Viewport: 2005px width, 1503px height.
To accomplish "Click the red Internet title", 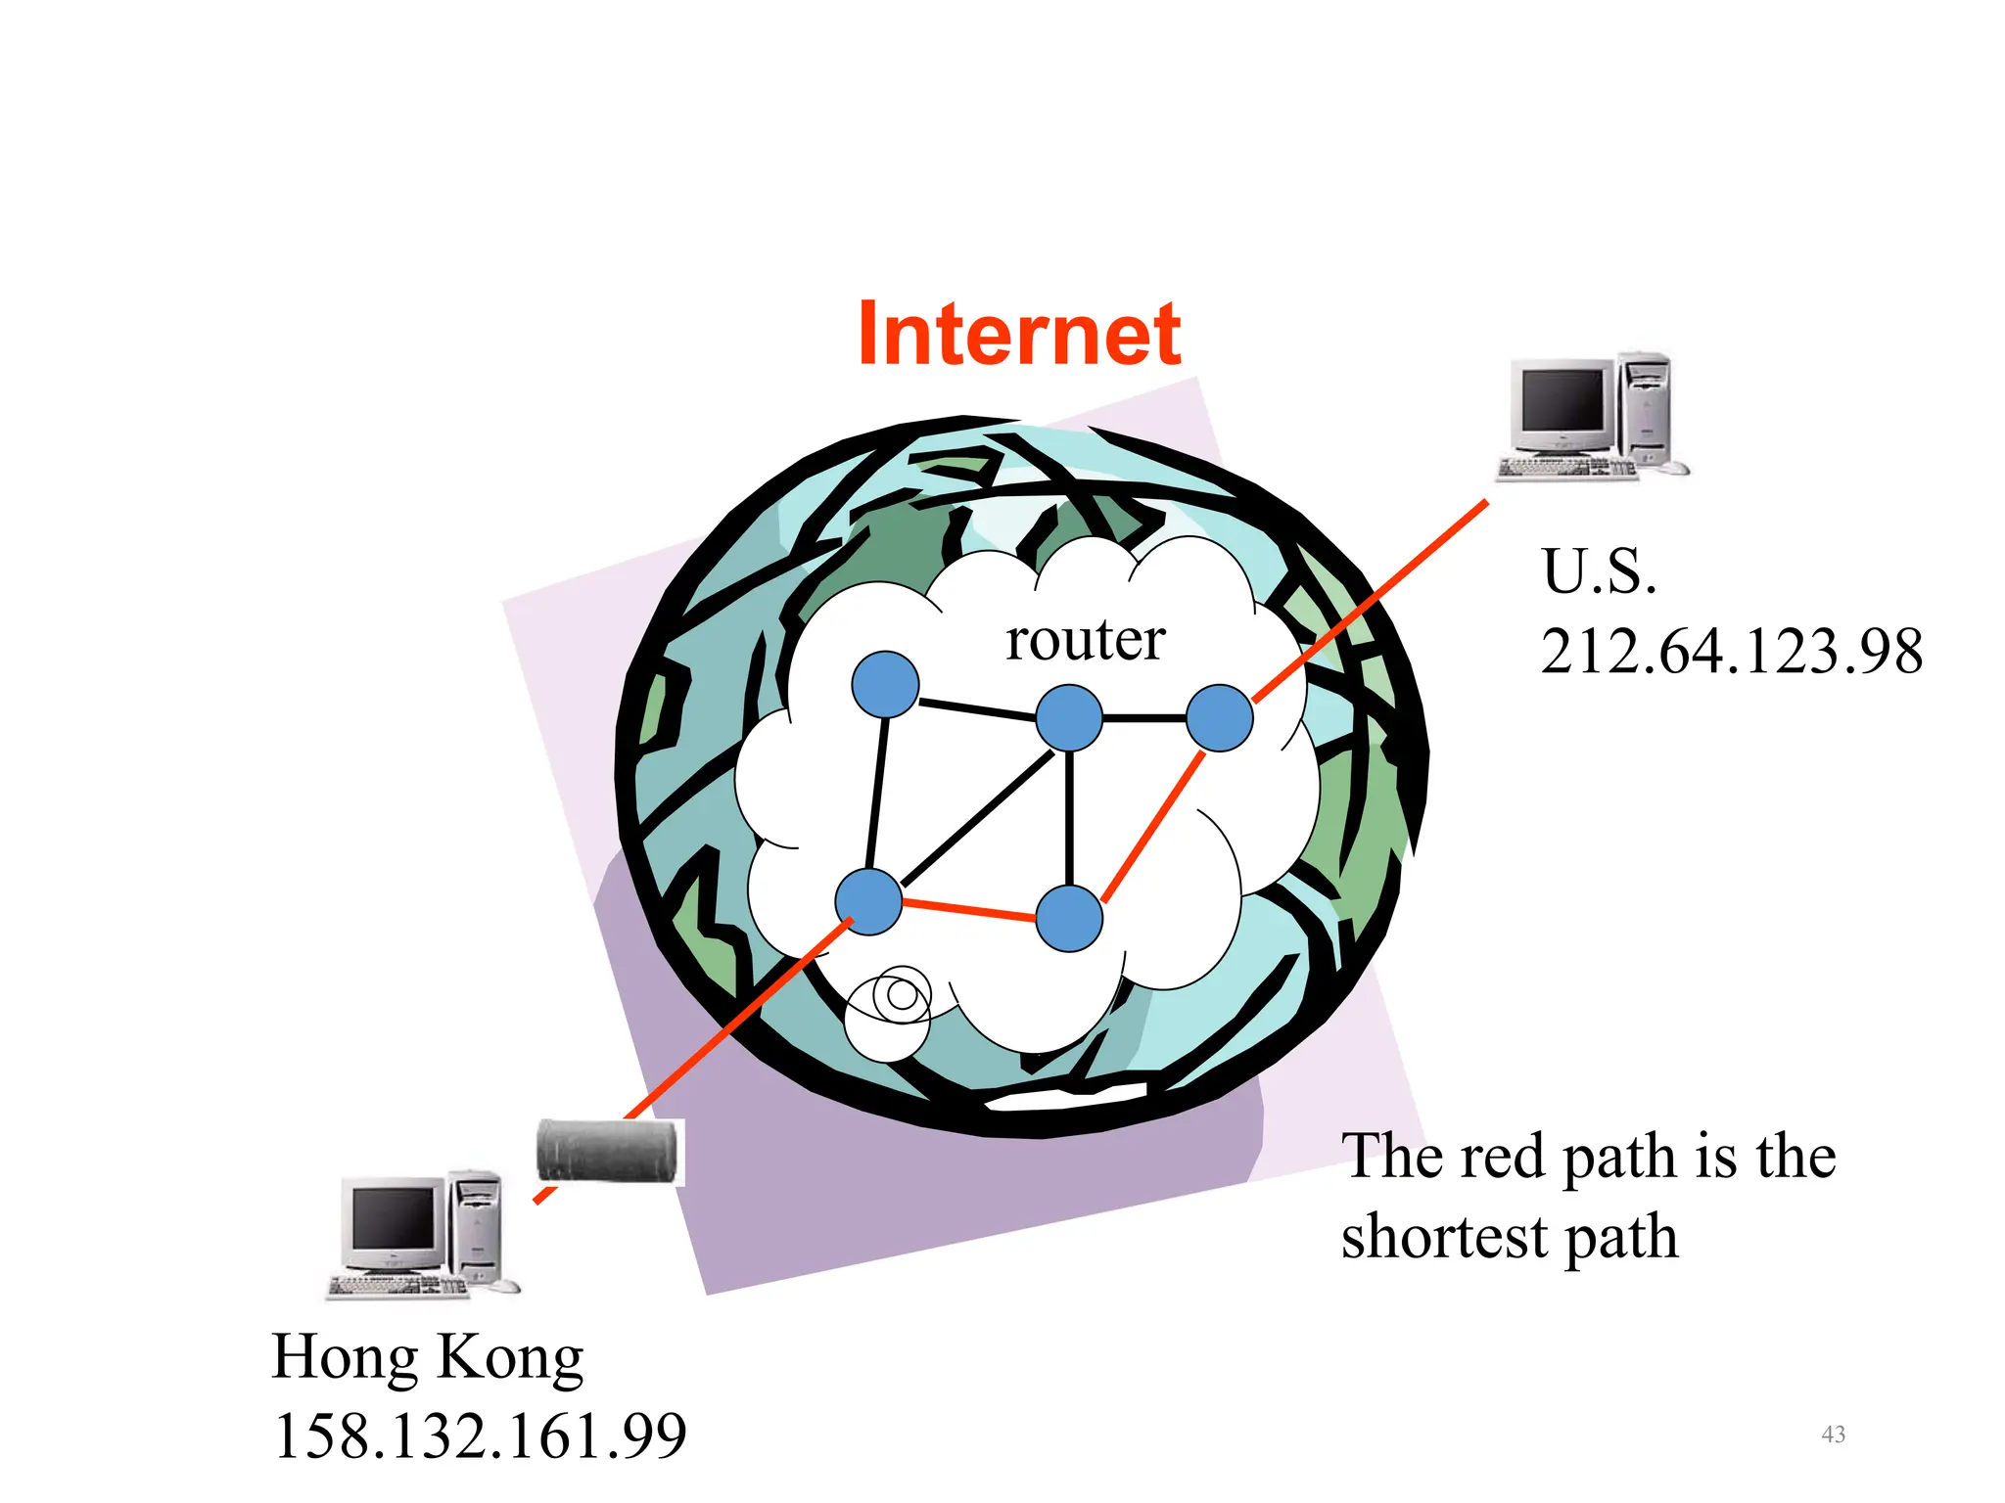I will [1019, 335].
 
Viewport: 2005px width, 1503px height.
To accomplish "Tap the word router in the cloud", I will [1085, 640].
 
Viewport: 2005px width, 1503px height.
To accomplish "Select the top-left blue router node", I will [885, 685].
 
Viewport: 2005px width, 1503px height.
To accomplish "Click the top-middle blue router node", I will [1069, 717].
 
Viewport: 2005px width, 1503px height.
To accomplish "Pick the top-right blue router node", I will [1219, 717].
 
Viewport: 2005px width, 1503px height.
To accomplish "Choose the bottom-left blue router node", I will [868, 901].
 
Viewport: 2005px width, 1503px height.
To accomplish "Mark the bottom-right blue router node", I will [1069, 918].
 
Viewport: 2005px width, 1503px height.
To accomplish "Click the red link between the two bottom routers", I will [969, 910].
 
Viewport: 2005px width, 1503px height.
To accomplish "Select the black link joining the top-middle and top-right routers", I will [1144, 718].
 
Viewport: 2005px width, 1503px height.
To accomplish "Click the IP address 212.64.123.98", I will [1731, 652].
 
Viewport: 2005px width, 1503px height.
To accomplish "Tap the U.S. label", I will [1599, 571].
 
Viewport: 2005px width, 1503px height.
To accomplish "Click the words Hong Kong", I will [428, 1357].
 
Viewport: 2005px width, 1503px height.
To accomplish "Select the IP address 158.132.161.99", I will [480, 1436].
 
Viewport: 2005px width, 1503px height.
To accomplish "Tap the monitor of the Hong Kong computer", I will [394, 1221].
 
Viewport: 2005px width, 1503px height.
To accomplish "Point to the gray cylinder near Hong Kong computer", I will [607, 1152].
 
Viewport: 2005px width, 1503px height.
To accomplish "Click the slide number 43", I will [1833, 1435].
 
